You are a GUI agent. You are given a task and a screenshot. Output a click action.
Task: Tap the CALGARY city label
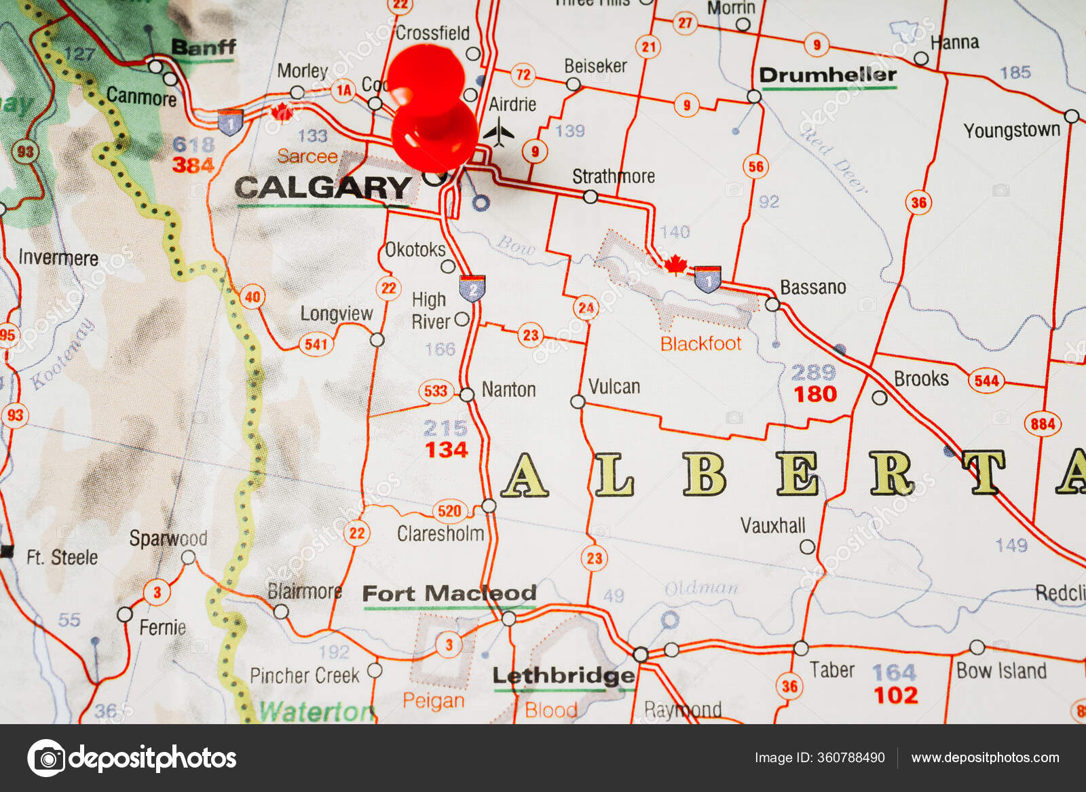click(323, 187)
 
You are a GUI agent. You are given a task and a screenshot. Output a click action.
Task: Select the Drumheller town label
click(827, 75)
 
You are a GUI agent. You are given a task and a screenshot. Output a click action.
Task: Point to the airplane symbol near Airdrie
click(500, 132)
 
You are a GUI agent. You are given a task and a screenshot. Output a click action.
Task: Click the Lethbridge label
click(563, 676)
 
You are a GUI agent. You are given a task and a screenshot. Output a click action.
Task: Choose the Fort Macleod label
click(449, 594)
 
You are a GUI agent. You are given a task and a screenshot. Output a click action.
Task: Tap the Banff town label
click(203, 48)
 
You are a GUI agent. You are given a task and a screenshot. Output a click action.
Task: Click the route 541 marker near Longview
click(316, 344)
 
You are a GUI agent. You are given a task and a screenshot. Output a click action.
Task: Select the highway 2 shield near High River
click(472, 288)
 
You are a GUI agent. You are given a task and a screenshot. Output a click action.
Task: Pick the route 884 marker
click(1043, 424)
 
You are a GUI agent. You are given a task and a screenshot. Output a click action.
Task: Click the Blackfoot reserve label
click(700, 343)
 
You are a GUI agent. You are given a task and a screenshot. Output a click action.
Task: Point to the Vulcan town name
click(614, 387)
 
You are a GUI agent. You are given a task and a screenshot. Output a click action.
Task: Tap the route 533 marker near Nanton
click(436, 391)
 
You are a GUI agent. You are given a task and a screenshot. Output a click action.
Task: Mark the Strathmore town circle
click(591, 197)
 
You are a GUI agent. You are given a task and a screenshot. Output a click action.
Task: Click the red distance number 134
click(446, 450)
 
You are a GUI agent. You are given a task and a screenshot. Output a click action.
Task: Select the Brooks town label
click(921, 379)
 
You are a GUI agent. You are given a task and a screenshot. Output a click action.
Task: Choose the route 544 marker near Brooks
click(986, 381)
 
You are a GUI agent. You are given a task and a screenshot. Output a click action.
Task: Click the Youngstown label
click(1011, 130)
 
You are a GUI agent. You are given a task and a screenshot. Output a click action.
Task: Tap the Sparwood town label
click(168, 539)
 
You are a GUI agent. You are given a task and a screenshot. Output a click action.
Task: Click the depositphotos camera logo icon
click(46, 757)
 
